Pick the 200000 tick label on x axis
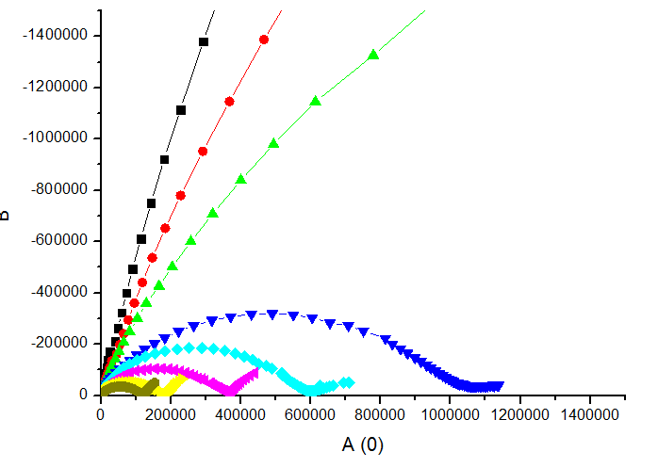coord(171,413)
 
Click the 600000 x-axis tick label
coord(310,413)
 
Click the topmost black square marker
coord(204,41)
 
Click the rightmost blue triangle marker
coord(499,385)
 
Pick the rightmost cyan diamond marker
coord(349,382)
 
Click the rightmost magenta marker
coord(254,373)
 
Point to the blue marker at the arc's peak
coord(272,315)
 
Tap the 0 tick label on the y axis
coord(85,395)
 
